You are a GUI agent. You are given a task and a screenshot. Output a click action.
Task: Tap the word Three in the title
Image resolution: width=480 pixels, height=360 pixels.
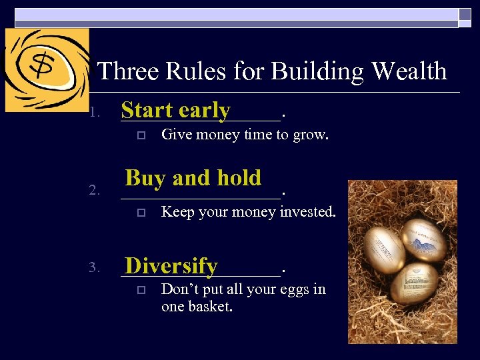point(127,71)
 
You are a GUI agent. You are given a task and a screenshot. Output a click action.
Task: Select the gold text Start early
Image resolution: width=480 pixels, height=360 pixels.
point(176,110)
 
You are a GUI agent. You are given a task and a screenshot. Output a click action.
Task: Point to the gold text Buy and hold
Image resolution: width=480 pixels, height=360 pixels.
point(193,178)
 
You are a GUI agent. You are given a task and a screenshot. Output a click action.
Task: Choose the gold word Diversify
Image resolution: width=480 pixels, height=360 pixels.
point(171,266)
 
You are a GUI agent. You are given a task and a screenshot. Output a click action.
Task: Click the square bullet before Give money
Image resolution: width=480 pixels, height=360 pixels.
point(139,135)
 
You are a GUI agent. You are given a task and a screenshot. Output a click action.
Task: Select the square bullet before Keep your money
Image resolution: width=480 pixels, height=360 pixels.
point(139,213)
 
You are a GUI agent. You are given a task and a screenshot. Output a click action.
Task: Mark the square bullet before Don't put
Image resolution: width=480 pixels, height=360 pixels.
point(139,290)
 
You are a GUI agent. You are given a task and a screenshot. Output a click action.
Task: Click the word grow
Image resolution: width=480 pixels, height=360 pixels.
point(311,135)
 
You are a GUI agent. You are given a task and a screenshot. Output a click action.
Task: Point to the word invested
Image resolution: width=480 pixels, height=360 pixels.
point(307,212)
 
